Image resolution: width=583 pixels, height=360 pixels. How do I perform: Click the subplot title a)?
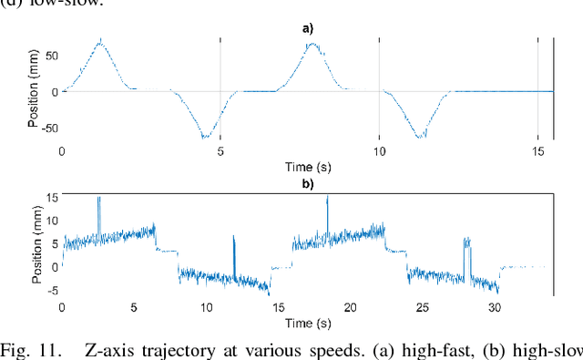(308, 28)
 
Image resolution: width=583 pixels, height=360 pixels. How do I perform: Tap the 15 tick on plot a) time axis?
(536, 151)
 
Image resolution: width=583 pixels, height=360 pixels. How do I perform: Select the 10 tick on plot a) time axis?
(378, 151)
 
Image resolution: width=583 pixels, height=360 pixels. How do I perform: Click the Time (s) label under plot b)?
(308, 322)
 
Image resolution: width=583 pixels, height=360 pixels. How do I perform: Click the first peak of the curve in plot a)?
(100, 39)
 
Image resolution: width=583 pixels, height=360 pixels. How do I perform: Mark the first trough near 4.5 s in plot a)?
(206, 138)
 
